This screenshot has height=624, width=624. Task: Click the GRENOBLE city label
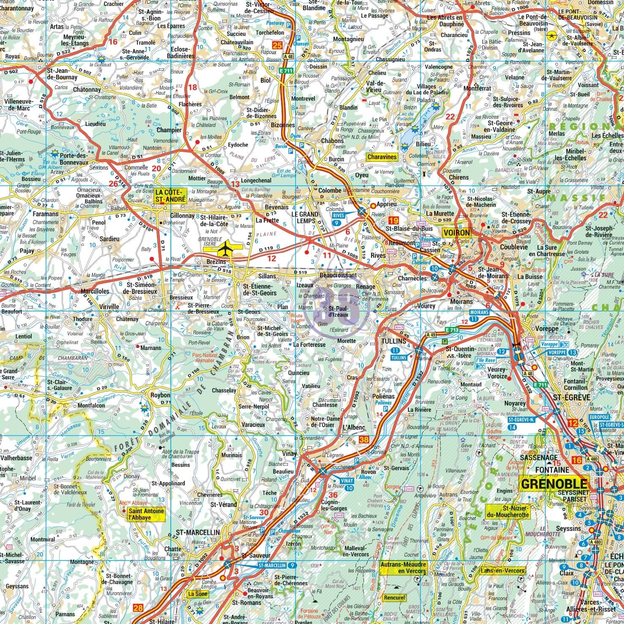553,484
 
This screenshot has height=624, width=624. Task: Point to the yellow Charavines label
382,157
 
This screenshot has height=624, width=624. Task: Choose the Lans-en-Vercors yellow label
503,571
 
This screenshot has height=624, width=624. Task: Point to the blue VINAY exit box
347,481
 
